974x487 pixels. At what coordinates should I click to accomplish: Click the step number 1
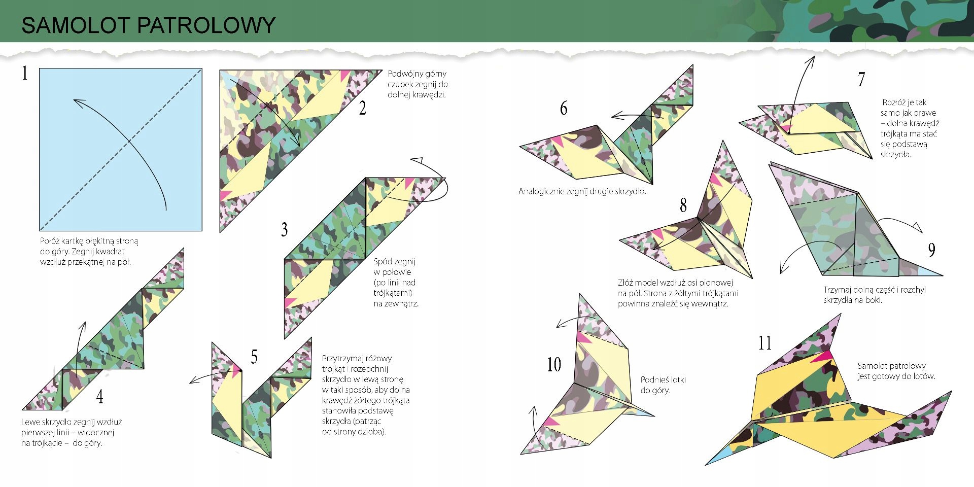point(24,74)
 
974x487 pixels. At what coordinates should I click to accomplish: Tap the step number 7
point(861,80)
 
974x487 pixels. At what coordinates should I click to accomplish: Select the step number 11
point(765,343)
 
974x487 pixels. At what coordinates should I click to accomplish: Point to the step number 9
point(931,250)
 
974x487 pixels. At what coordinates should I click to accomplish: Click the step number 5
point(254,357)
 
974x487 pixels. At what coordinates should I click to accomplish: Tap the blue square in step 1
point(121,150)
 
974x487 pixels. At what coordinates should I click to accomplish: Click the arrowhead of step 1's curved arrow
point(77,101)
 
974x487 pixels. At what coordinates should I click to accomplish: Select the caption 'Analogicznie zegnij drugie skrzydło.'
point(582,192)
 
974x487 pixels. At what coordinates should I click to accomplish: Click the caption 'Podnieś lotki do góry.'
point(663,385)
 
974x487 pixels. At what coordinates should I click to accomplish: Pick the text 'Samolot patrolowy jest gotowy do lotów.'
point(896,371)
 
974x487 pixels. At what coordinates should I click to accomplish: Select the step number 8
point(683,205)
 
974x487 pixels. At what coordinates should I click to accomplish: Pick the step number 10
point(554,365)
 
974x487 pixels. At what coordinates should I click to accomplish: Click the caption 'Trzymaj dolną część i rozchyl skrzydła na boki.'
point(875,295)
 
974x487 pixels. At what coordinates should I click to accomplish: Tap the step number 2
point(362,108)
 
